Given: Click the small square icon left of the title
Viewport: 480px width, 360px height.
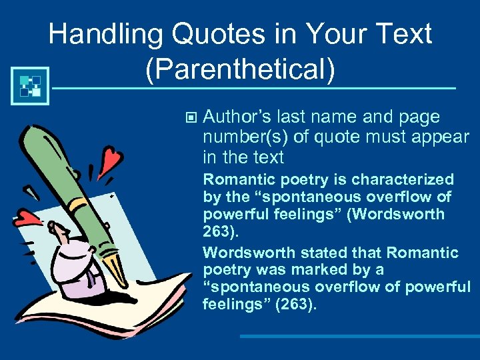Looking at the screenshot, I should (x=30, y=85).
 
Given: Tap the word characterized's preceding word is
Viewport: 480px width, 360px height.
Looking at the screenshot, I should (x=341, y=180).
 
